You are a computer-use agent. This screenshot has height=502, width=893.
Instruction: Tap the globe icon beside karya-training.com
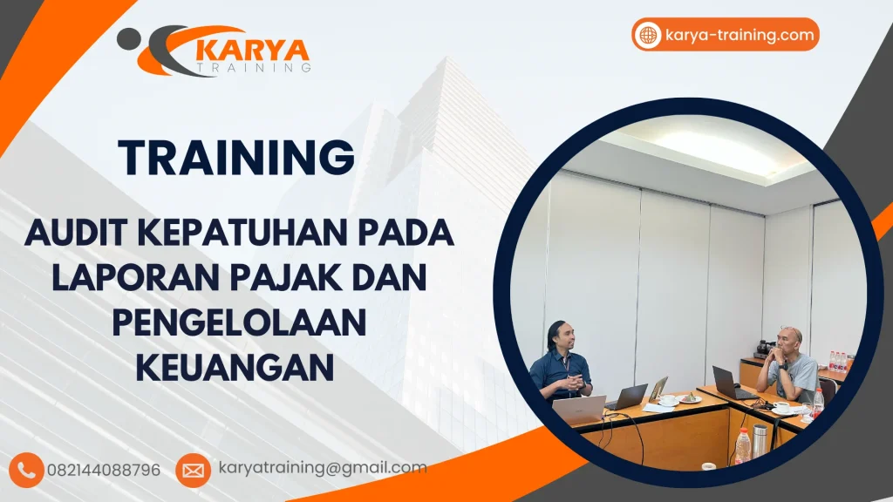click(x=648, y=35)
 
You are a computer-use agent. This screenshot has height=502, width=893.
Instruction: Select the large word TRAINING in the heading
click(x=236, y=158)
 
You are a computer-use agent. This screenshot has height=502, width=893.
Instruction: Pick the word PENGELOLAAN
click(x=237, y=322)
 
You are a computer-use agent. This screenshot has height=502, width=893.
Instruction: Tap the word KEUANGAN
click(x=236, y=366)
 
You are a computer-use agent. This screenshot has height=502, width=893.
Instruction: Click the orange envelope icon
click(x=193, y=470)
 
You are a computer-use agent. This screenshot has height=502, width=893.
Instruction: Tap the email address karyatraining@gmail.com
click(x=322, y=468)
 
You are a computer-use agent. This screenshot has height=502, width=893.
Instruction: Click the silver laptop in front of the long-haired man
click(x=580, y=409)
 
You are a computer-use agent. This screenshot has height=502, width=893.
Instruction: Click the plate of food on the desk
click(x=690, y=398)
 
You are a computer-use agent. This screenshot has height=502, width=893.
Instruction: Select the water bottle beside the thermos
click(x=742, y=445)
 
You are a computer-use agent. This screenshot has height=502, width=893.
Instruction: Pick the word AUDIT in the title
click(x=76, y=234)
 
